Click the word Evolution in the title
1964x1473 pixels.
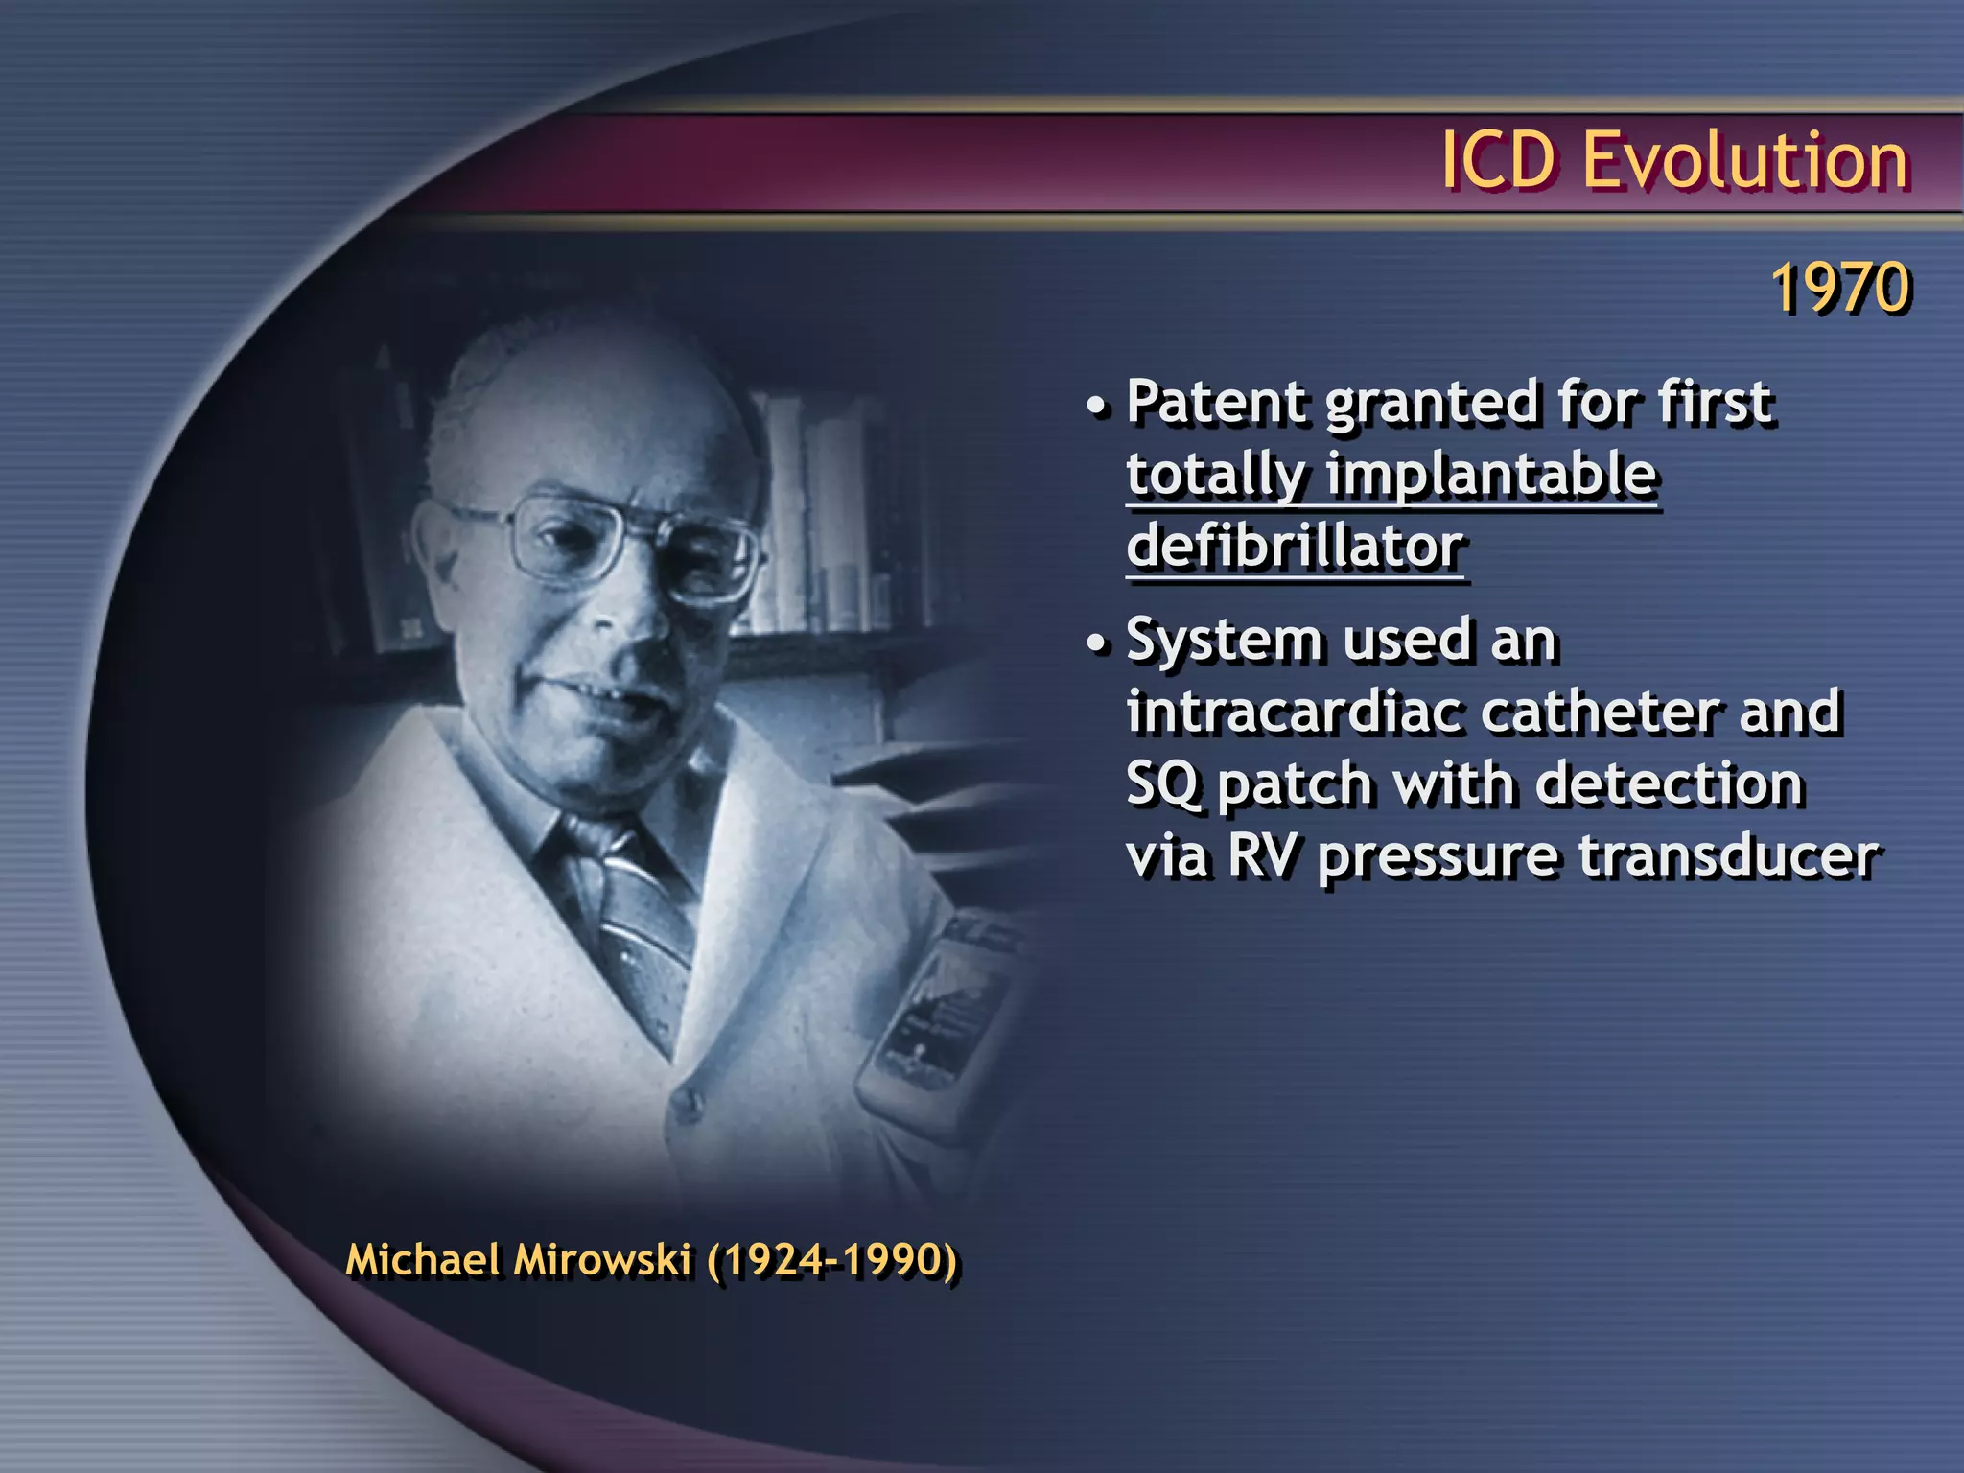click(1745, 160)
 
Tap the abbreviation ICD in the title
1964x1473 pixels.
click(1499, 160)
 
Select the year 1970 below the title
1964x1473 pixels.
click(1840, 288)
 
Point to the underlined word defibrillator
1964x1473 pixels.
click(1295, 547)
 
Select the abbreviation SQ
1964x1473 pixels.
click(1162, 784)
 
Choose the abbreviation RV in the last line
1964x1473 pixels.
click(1263, 855)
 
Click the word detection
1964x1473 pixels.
click(1670, 784)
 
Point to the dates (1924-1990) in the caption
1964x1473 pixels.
click(832, 1259)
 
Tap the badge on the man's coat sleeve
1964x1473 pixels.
click(935, 1007)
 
